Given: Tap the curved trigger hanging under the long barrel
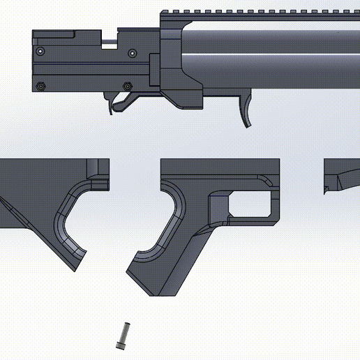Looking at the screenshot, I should click(248, 111).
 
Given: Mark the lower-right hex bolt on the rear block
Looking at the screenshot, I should click(127, 86).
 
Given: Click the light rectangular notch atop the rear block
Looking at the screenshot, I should click(109, 44).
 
